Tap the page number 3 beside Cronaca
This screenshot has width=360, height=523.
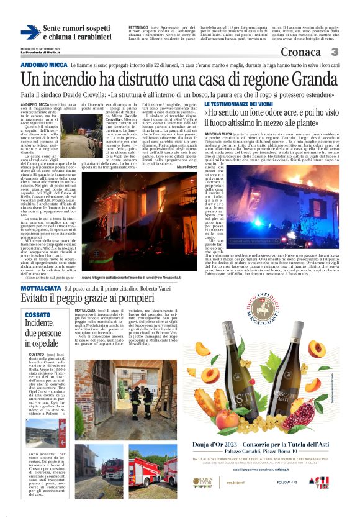[x=335, y=52]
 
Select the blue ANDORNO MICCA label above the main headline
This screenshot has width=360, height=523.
[x=43, y=65]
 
